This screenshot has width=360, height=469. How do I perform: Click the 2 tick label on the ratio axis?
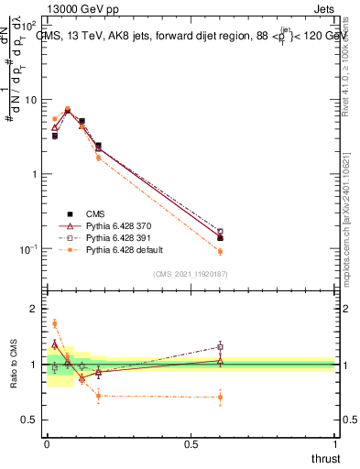[33, 309]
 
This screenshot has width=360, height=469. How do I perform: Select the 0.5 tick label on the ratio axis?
[29, 420]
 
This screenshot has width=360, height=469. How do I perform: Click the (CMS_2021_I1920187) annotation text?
[191, 273]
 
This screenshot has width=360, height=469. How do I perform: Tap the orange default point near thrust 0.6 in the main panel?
[220, 251]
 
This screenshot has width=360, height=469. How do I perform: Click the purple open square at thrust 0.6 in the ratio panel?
[220, 346]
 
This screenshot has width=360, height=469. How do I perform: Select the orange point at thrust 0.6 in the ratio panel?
[220, 397]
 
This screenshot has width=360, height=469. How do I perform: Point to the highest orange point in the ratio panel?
[55, 323]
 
